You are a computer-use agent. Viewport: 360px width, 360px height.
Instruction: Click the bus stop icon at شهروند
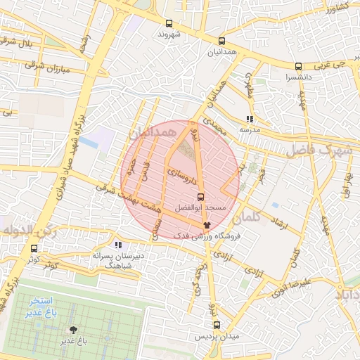169,22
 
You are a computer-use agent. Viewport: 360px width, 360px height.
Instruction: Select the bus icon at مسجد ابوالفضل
202,197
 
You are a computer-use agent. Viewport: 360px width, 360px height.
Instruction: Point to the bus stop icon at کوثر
34,248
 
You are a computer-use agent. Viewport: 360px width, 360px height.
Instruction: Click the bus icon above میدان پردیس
217,325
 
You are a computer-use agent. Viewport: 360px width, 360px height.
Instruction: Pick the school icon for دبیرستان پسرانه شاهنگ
118,245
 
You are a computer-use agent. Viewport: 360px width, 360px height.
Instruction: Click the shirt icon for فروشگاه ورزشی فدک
207,225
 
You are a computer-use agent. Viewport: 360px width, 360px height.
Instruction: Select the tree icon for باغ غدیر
72,329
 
